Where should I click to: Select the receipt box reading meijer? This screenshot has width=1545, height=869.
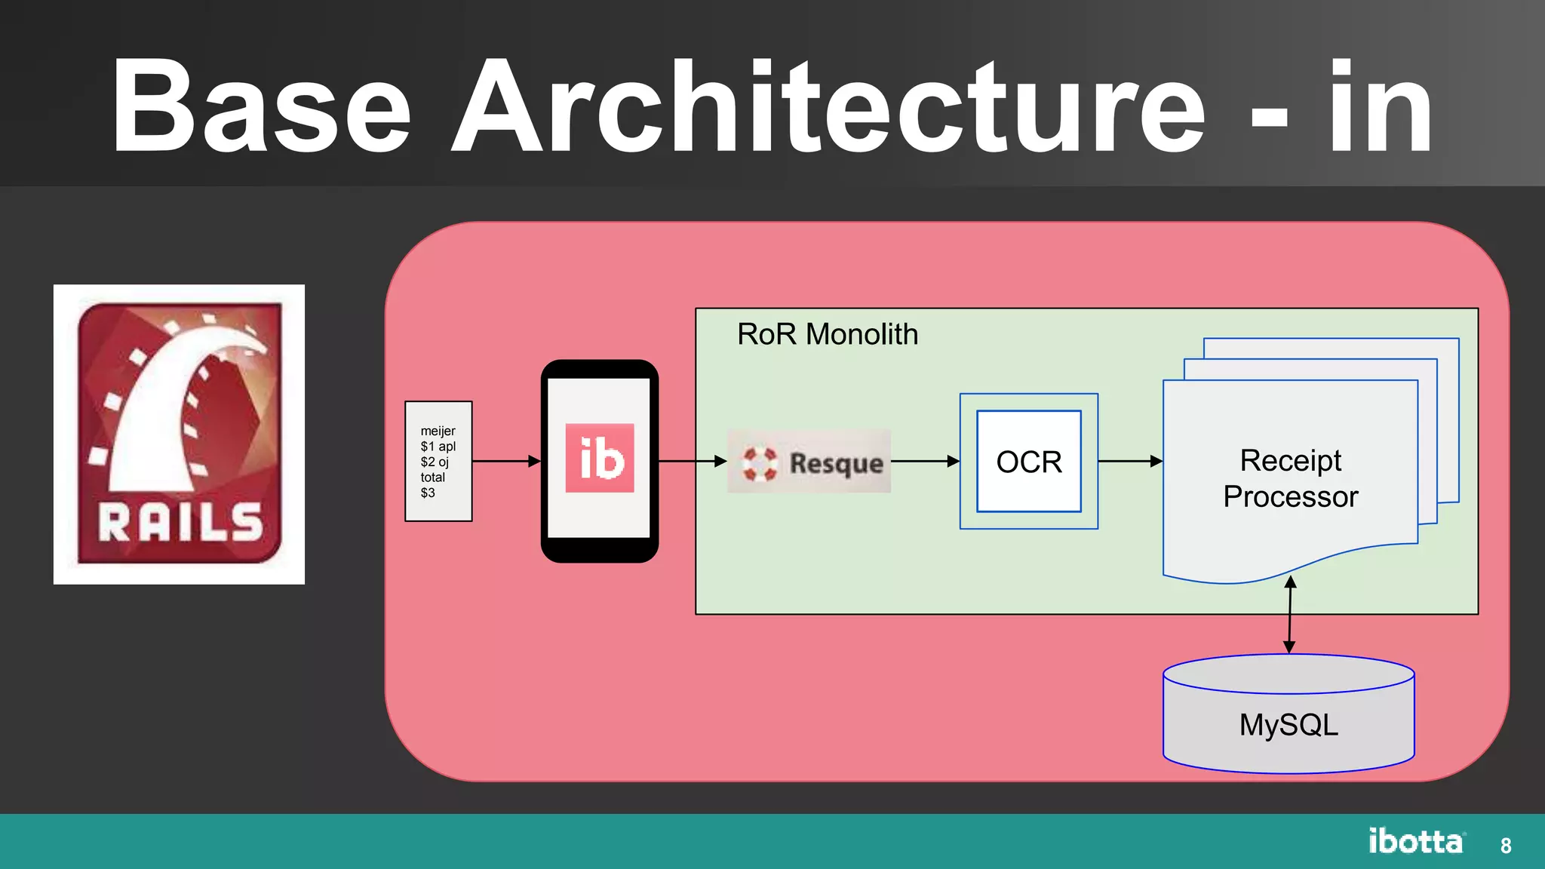(438, 461)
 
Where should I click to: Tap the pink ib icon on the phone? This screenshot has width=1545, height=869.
(600, 458)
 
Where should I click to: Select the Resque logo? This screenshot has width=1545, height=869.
(809, 462)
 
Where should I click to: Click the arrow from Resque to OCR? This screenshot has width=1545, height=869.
(925, 461)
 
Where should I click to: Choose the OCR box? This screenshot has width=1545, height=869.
(1028, 462)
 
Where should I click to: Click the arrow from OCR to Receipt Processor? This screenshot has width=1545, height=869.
(1129, 461)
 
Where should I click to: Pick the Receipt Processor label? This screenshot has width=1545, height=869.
(1290, 478)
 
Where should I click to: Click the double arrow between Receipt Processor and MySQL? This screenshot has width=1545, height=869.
(1290, 615)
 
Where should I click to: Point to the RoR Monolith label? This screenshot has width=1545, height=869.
(828, 334)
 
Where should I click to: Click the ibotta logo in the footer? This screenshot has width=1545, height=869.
(1416, 841)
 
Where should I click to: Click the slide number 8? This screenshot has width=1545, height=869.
(1506, 846)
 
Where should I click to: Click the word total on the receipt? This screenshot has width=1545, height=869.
(433, 477)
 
